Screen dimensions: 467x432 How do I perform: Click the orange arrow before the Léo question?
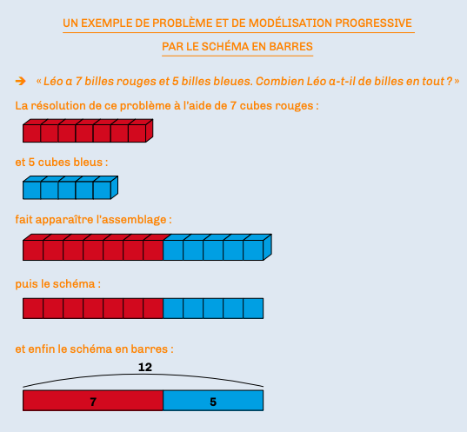pos(21,81)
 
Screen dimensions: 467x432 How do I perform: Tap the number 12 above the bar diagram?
pos(145,367)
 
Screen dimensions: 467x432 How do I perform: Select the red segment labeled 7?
pos(93,401)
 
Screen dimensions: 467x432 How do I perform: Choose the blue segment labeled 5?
pos(213,401)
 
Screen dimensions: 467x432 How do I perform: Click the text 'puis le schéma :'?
pos(58,284)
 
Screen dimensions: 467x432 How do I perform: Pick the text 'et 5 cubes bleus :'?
pos(62,163)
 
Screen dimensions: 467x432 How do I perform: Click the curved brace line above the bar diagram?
pos(143,375)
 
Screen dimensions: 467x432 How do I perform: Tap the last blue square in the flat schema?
pos(253,309)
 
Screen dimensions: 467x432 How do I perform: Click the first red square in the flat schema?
pos(33,309)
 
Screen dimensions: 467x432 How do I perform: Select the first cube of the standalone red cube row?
pos(32,131)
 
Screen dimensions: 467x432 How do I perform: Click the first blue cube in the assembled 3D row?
pos(173,248)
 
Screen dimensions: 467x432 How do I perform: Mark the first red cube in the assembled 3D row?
pos(33,248)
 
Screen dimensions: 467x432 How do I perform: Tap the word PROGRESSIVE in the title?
pos(373,23)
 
